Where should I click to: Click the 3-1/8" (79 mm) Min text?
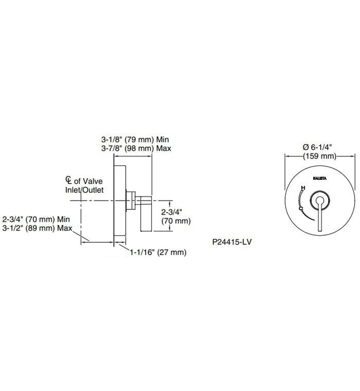tap(135, 139)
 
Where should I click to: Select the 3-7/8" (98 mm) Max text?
tap(136, 149)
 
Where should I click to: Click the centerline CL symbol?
tap(68, 180)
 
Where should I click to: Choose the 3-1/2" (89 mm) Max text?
tap(38, 228)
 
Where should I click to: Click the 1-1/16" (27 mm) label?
tap(157, 252)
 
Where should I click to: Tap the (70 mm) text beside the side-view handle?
tap(176, 221)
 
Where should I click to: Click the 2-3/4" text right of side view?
tap(172, 212)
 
